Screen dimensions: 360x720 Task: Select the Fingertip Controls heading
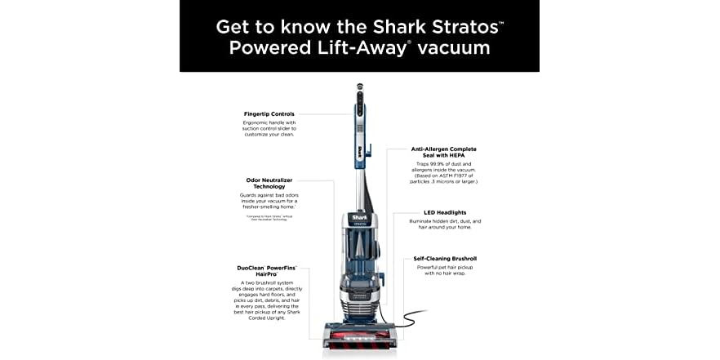tap(269, 113)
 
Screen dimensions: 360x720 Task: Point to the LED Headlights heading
tap(444, 213)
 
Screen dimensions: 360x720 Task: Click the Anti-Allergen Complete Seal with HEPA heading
tap(444, 153)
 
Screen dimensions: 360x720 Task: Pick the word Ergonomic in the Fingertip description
tap(257, 122)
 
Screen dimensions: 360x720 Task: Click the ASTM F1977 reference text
tap(456, 175)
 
